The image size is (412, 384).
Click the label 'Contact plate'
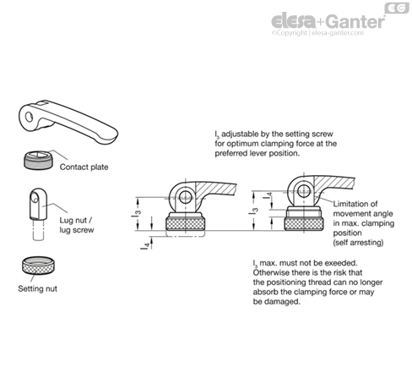84,167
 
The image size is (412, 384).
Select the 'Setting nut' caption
37,288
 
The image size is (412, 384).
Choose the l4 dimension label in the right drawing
268,199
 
